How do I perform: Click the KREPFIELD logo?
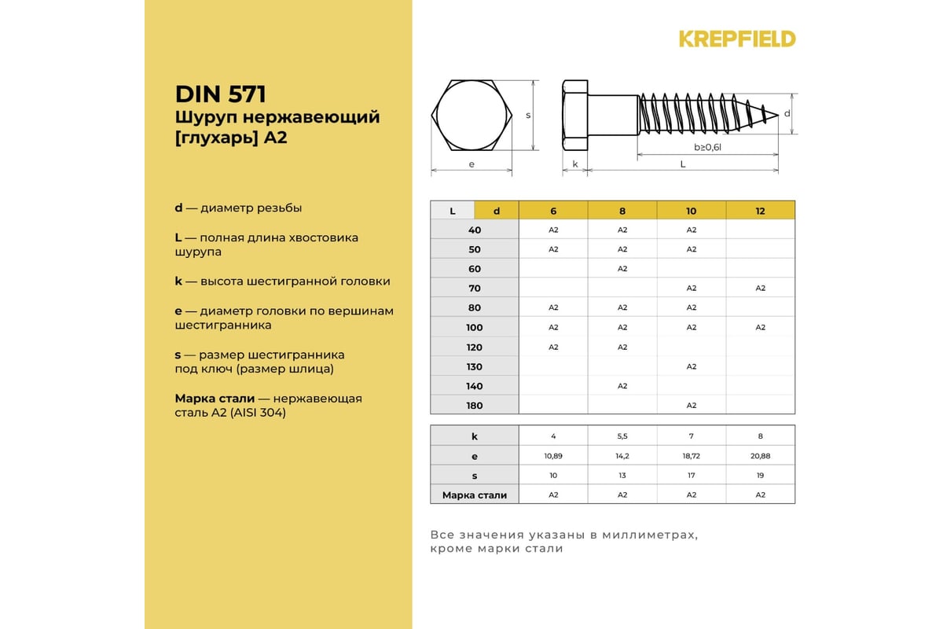coord(737,39)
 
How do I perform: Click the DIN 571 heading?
coord(221,94)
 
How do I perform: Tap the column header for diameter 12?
coord(760,211)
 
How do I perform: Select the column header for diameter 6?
coord(553,211)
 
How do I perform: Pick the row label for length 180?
coord(474,406)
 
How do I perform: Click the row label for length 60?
coord(474,269)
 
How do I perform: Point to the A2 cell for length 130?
coord(692,366)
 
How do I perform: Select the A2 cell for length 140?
coord(622,386)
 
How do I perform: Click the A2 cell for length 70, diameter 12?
coord(760,289)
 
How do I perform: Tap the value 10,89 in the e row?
coord(553,456)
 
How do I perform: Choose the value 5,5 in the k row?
coord(622,436)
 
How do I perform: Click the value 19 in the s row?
coord(760,476)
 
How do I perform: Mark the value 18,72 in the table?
coord(692,456)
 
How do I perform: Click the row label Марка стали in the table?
coord(474,495)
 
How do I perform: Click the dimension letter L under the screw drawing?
coord(682,164)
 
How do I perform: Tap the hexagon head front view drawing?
coord(472,115)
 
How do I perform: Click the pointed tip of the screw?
coord(776,116)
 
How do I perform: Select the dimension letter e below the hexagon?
coord(472,164)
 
